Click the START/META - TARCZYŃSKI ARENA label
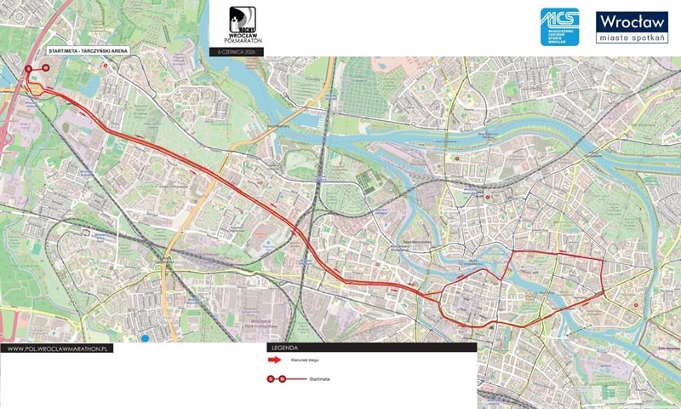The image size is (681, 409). [x=90, y=52]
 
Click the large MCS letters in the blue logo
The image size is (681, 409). [x=559, y=20]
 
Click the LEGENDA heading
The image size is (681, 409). [x=284, y=349]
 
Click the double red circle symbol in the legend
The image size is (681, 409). [x=277, y=377]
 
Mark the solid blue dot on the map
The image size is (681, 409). [x=146, y=338]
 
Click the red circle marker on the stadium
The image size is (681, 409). [x=28, y=69]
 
